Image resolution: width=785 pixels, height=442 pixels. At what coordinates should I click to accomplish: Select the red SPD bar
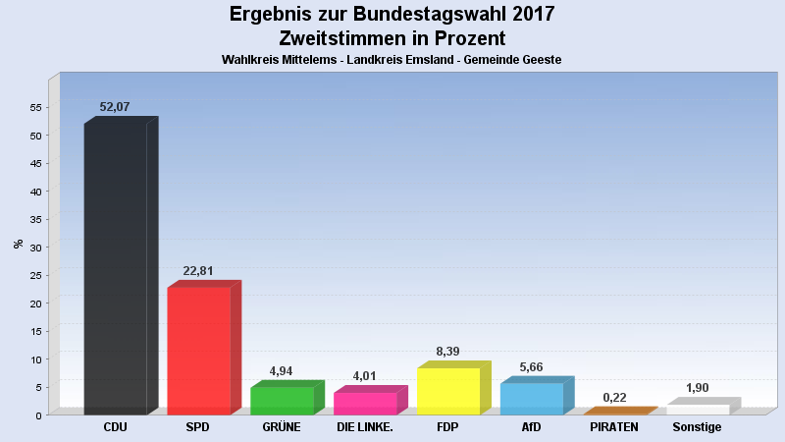[x=198, y=351]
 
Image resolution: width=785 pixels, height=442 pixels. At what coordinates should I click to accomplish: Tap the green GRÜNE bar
[x=282, y=401]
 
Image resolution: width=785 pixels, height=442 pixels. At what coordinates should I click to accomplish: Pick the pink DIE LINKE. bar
[x=365, y=403]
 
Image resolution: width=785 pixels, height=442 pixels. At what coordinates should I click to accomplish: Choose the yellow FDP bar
[x=448, y=391]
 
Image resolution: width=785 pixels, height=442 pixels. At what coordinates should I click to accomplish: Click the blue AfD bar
[x=532, y=399]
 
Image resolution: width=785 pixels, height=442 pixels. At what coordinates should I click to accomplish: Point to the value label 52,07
[x=115, y=107]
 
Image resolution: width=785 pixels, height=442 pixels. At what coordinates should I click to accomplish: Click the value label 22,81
[x=198, y=271]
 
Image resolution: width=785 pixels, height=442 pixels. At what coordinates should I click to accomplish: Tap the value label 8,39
[x=448, y=352]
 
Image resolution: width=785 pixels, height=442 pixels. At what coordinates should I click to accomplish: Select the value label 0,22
[x=615, y=397]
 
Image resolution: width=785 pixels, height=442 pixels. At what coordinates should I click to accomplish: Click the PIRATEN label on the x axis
[x=614, y=427]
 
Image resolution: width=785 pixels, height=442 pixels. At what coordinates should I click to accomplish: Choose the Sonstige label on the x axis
[x=697, y=427]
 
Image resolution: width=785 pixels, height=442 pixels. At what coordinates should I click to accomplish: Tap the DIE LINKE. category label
[x=365, y=427]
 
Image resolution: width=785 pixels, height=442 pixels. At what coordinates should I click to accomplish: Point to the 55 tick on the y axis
[x=35, y=107]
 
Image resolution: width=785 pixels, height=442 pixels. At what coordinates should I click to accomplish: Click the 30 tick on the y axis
[x=35, y=248]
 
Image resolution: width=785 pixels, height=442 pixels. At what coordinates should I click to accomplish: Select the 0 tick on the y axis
[x=38, y=415]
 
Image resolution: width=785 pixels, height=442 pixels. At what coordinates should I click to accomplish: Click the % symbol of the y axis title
[x=19, y=244]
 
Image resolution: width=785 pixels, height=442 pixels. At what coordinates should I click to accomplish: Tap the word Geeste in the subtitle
[x=542, y=60]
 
